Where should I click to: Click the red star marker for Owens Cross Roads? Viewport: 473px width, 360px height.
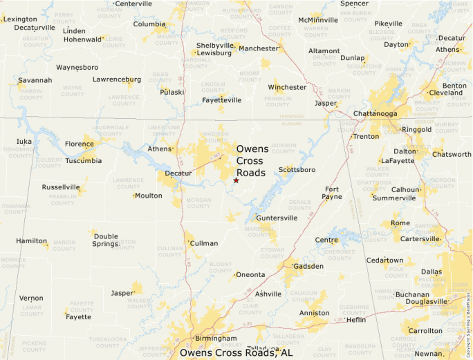tap(236, 180)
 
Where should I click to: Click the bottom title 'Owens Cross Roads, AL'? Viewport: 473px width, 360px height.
tap(236, 353)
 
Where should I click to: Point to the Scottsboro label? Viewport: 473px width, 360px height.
tap(297, 169)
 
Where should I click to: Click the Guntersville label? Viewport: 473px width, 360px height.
tap(277, 218)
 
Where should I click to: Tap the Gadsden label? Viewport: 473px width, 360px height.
tap(308, 266)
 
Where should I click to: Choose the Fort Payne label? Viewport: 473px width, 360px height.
tap(333, 193)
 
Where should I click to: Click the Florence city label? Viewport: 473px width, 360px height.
tap(80, 144)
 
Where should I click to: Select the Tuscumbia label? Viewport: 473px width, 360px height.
tap(83, 161)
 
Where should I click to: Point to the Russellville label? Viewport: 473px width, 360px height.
tap(61, 187)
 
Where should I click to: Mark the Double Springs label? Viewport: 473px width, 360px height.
tap(106, 240)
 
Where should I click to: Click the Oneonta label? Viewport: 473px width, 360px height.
tap(250, 274)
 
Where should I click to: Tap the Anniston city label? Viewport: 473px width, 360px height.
tap(315, 313)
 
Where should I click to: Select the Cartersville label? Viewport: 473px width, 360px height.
tap(420, 239)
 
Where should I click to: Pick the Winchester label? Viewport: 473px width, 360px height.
tap(287, 88)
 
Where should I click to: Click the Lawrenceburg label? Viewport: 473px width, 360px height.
tap(117, 79)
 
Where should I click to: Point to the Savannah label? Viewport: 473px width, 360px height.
tap(35, 80)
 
